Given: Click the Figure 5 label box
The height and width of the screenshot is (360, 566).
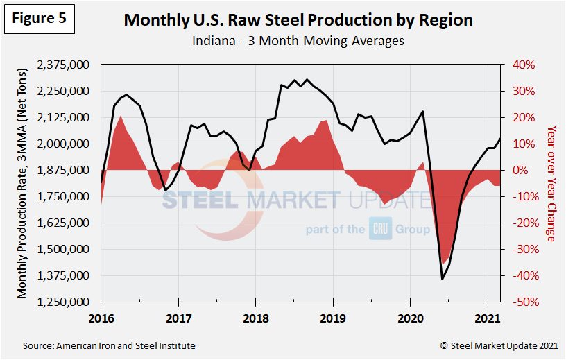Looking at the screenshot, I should point(40,19).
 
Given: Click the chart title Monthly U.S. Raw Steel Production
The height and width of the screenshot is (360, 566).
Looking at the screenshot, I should point(298,19).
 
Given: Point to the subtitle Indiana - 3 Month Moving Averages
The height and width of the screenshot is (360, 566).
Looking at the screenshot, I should point(298,41).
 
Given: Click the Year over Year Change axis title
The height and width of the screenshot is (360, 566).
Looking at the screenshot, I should point(551,184).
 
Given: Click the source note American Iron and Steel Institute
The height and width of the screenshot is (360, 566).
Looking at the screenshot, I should point(109,345).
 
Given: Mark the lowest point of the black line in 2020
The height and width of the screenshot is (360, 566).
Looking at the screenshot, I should point(443,279).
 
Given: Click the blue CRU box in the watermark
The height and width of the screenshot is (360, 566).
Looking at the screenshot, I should point(380,229).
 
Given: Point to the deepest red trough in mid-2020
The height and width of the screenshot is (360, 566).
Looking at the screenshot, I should point(443,264).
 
